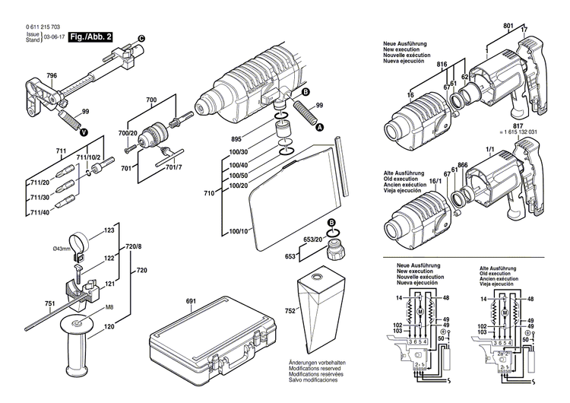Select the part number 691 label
point(190,302)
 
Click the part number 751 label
point(30,304)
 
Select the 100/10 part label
point(237,230)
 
